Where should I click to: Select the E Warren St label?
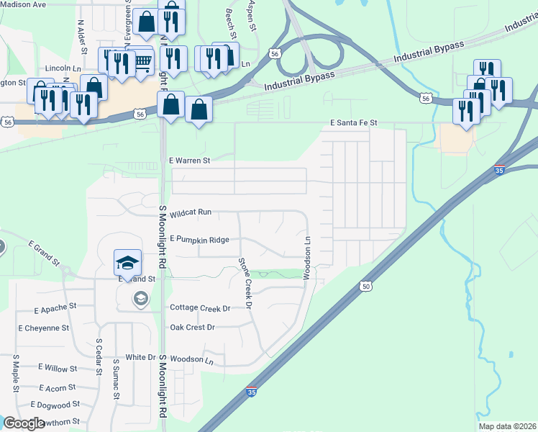pyautogui.click(x=188, y=161)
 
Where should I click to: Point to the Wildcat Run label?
pyautogui.click(x=191, y=213)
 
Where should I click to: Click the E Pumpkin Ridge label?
pyautogui.click(x=199, y=239)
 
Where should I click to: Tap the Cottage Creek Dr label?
pyautogui.click(x=200, y=307)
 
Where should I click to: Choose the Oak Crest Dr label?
pyautogui.click(x=192, y=327)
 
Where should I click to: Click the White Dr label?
pyautogui.click(x=140, y=357)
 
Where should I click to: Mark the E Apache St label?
pyautogui.click(x=55, y=308)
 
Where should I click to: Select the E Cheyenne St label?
pyautogui.click(x=43, y=328)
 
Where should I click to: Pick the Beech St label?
pyautogui.click(x=231, y=24)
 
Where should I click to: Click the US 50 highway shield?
pyautogui.click(x=366, y=287)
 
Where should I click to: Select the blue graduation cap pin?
pyautogui.click(x=127, y=262)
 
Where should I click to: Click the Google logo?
pyautogui.click(x=24, y=423)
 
